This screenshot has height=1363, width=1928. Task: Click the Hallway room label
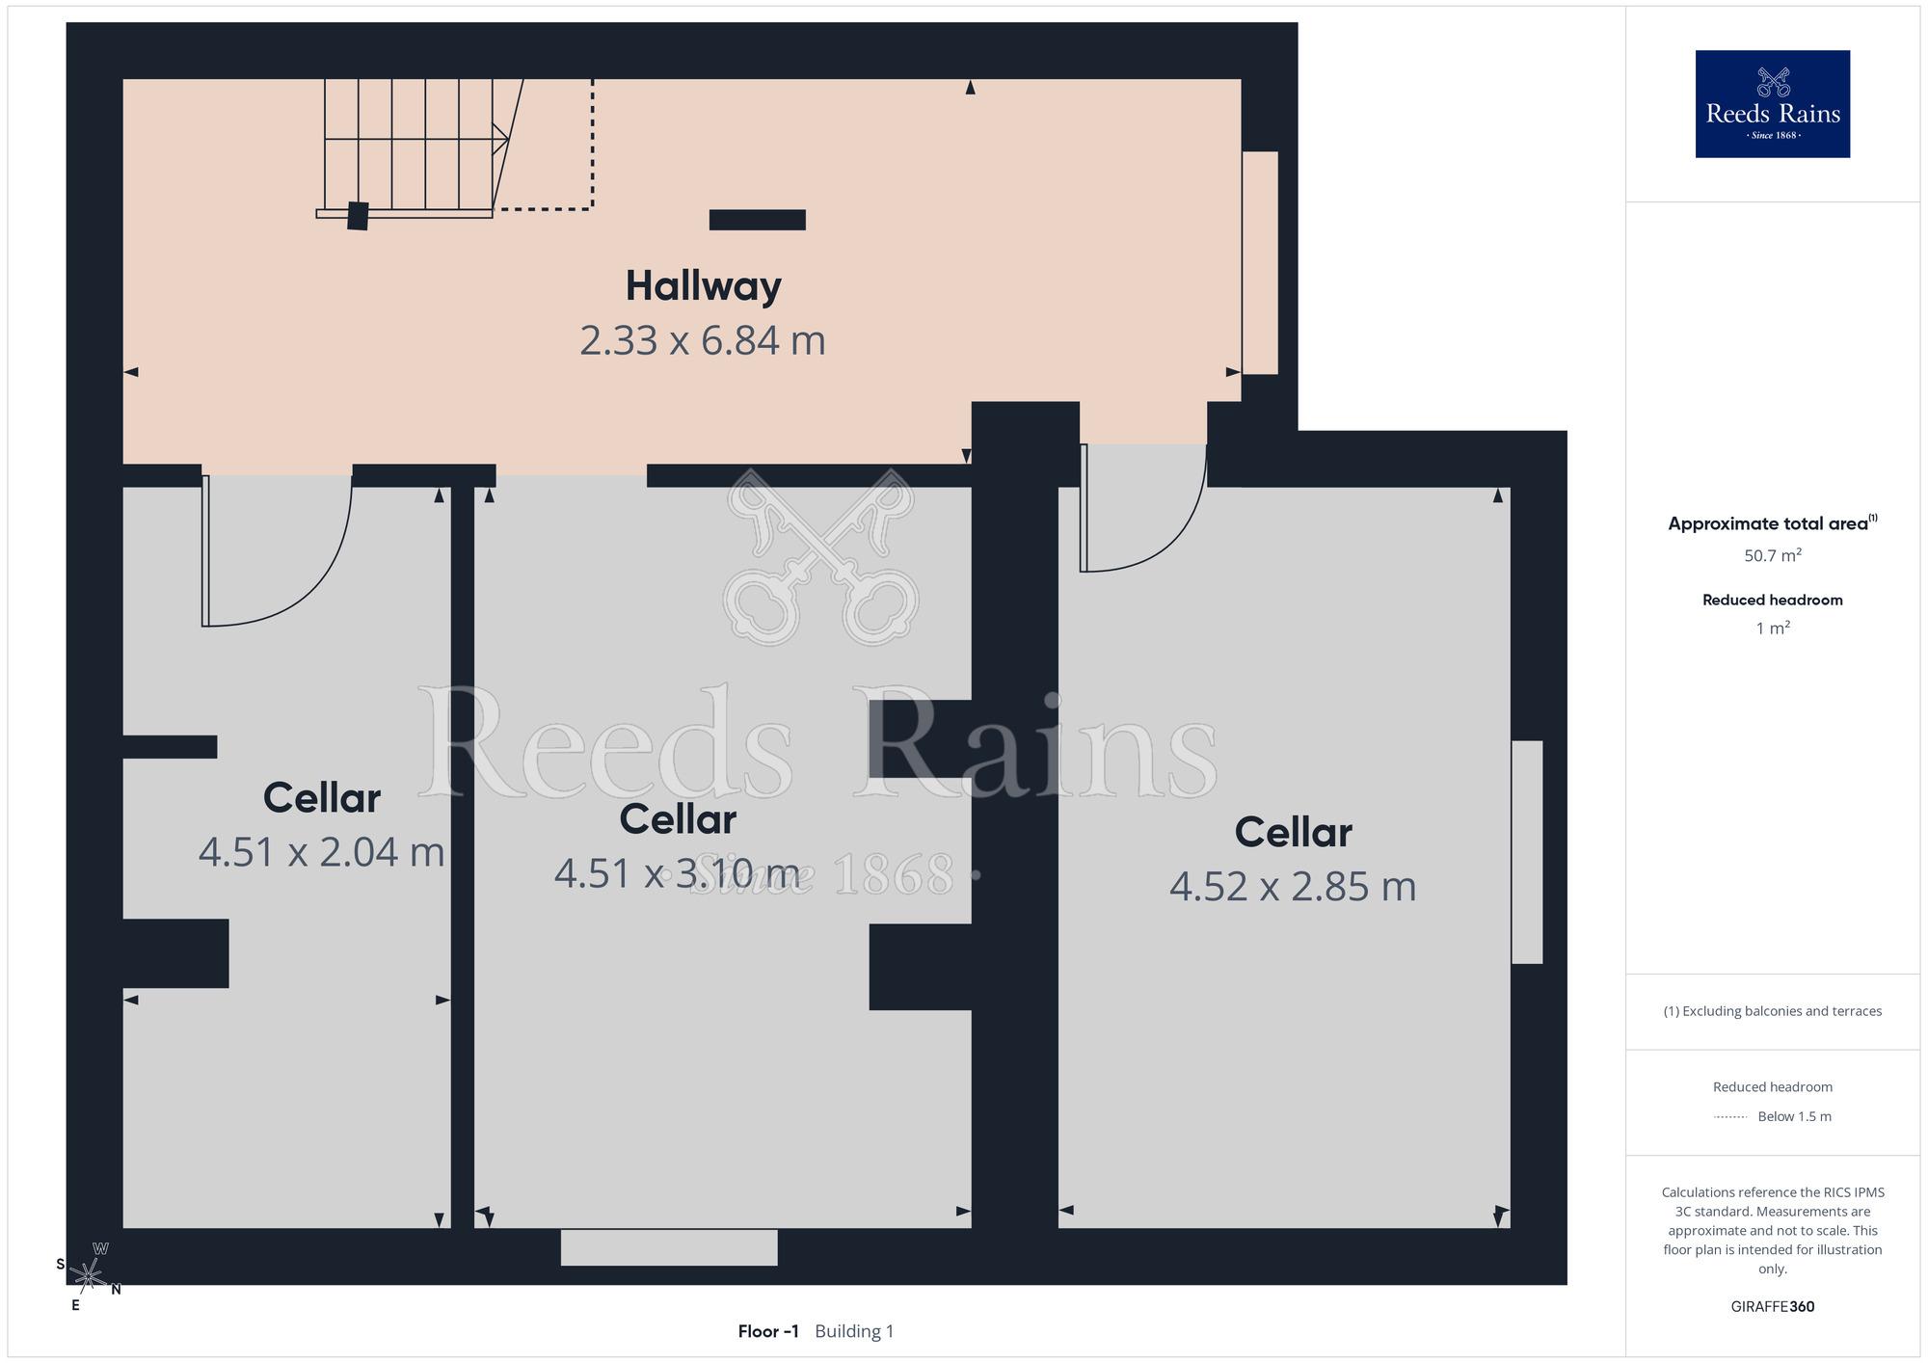703,287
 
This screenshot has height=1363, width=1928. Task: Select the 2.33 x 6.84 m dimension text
703,340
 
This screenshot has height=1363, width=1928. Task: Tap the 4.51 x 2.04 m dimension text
321,852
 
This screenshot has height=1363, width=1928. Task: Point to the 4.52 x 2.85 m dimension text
1293,887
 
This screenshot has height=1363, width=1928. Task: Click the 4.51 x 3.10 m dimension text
677,873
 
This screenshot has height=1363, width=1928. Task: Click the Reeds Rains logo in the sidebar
1773,104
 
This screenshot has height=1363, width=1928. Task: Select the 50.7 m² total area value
1773,555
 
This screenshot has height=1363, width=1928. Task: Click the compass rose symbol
89,1276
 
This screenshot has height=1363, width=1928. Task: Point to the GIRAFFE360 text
1773,1307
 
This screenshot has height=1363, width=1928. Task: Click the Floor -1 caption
768,1331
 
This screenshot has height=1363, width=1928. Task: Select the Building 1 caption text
854,1331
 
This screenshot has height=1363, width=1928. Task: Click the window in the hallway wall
1260,263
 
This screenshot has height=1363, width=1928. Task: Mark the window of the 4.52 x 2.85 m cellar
1527,852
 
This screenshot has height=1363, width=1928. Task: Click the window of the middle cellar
669,1247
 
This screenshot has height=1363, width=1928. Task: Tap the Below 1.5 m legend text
1794,1116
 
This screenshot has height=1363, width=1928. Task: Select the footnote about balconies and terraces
1773,1011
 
